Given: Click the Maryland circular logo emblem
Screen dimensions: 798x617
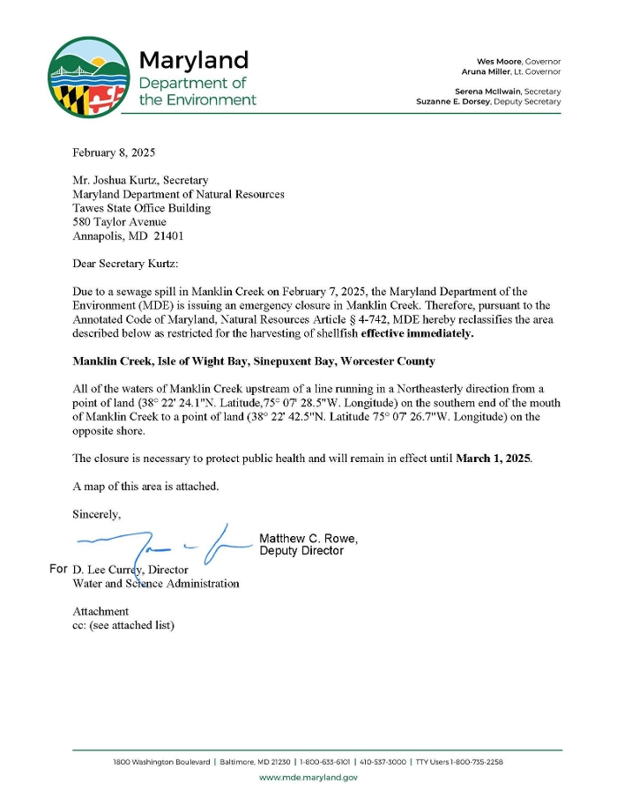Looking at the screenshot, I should (89, 76).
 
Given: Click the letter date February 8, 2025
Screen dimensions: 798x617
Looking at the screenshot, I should (114, 153).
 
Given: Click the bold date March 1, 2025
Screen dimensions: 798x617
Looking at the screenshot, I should (493, 458).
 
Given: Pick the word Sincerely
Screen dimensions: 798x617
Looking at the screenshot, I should (97, 514).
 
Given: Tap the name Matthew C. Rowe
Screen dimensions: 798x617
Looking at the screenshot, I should (308, 539).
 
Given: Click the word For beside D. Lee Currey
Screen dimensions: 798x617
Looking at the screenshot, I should (59, 569).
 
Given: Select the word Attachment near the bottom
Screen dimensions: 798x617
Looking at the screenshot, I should (100, 611).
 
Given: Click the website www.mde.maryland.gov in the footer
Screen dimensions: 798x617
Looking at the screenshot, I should (308, 777).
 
